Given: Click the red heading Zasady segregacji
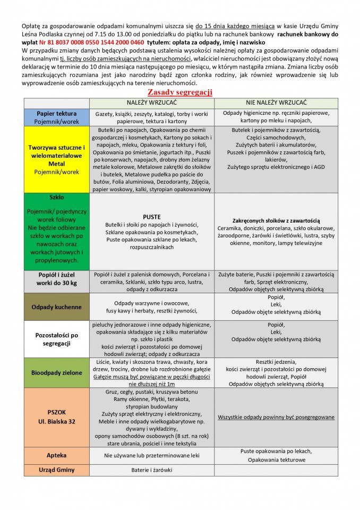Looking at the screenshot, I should (x=179, y=92).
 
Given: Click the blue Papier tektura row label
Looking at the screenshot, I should (x=56, y=117).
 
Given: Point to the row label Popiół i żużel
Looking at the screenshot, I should (x=56, y=278).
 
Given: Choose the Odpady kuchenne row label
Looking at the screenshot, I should (x=56, y=307).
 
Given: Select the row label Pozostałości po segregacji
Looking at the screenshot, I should (x=56, y=339).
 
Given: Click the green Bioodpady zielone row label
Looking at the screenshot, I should (x=56, y=373).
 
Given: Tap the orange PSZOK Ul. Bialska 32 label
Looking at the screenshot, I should (x=56, y=416).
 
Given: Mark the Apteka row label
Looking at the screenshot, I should (x=56, y=455).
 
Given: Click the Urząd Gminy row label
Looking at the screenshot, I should (x=56, y=470).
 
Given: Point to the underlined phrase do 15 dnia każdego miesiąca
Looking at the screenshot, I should (x=235, y=25).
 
